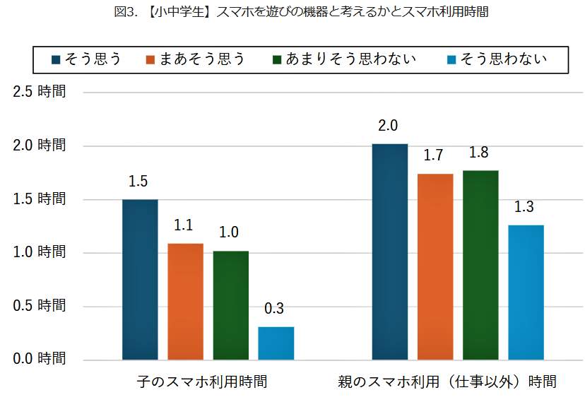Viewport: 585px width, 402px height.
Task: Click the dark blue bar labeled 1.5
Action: [x=140, y=280]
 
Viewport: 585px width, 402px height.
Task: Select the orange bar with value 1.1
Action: [x=185, y=302]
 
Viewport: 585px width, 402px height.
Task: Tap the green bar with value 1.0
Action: [x=230, y=305]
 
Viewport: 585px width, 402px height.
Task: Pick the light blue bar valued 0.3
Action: [x=276, y=343]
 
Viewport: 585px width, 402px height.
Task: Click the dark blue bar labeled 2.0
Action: [x=390, y=252]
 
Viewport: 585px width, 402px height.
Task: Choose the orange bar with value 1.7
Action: [x=435, y=267]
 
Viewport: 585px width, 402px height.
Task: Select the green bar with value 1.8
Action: [x=480, y=266]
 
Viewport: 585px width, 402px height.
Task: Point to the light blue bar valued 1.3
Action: [x=526, y=292]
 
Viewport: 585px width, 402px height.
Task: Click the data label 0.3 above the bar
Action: [x=274, y=309]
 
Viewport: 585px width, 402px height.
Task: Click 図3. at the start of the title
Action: [x=124, y=12]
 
